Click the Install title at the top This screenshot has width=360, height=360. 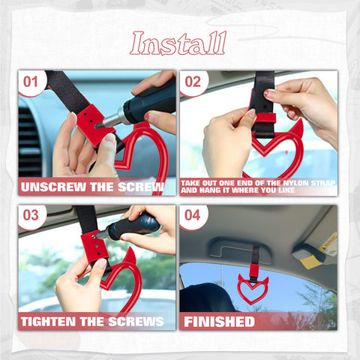[178, 43]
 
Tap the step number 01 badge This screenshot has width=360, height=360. [31, 82]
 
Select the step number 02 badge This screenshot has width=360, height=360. [193, 82]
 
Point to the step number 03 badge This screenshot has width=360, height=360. [31, 215]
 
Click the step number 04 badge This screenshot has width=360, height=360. [193, 215]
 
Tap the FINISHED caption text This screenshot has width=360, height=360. [219, 322]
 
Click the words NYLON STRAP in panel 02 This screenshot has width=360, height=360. [295, 182]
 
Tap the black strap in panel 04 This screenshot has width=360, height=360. [255, 258]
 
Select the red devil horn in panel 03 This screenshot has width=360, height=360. [130, 259]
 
